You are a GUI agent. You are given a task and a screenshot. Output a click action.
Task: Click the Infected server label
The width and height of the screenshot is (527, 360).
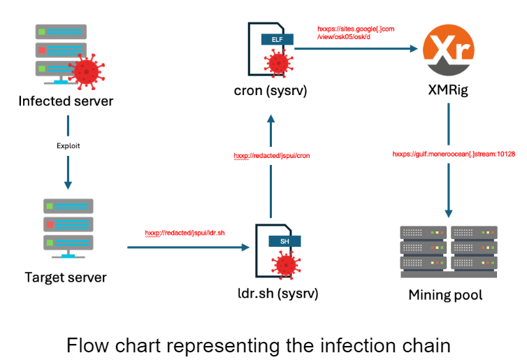coord(66,101)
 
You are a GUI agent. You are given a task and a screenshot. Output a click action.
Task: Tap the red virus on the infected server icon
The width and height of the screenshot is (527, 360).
coord(87,71)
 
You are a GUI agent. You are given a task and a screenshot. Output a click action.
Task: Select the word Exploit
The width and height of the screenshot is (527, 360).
coord(68,146)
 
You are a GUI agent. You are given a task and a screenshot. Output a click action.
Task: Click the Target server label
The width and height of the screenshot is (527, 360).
coord(66,278)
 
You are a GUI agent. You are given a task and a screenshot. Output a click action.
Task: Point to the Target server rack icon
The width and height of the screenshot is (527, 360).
coord(68,224)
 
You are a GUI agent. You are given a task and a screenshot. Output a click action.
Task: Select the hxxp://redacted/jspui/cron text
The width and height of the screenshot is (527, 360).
coord(271,155)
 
